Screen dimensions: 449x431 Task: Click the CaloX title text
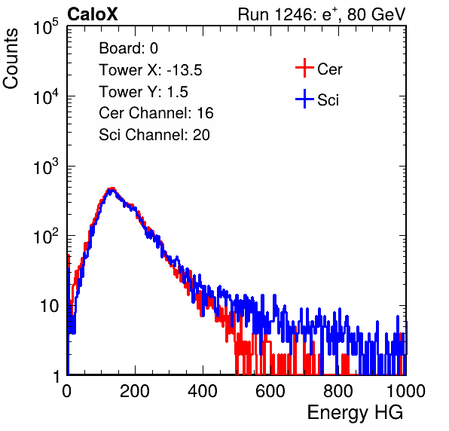pyautogui.click(x=92, y=14)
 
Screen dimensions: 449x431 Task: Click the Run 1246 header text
pyautogui.click(x=322, y=14)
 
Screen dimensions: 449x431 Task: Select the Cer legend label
pyautogui.click(x=329, y=69)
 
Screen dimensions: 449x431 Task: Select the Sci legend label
pyautogui.click(x=328, y=100)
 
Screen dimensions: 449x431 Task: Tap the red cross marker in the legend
pyautogui.click(x=304, y=68)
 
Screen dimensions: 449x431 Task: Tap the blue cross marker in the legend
pyautogui.click(x=304, y=99)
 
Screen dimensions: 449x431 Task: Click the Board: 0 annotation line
pyautogui.click(x=128, y=48)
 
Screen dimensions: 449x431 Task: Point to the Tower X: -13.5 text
pyautogui.click(x=151, y=70)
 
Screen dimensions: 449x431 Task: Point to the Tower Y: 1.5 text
pyautogui.click(x=143, y=92)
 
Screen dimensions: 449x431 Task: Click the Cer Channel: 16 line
pyautogui.click(x=156, y=113)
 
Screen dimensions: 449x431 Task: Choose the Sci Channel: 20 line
pyautogui.click(x=154, y=135)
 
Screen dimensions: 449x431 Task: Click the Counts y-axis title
pyautogui.click(x=11, y=59)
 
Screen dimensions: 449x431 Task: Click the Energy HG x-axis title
pyautogui.click(x=355, y=413)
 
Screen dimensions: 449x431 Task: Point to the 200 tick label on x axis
pyautogui.click(x=135, y=391)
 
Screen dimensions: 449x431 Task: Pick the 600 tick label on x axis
pyautogui.click(x=270, y=391)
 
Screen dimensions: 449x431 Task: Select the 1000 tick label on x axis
pyautogui.click(x=406, y=391)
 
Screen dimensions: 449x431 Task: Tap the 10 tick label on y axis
pyautogui.click(x=49, y=306)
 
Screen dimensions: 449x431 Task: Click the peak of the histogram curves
pyautogui.click(x=111, y=189)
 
